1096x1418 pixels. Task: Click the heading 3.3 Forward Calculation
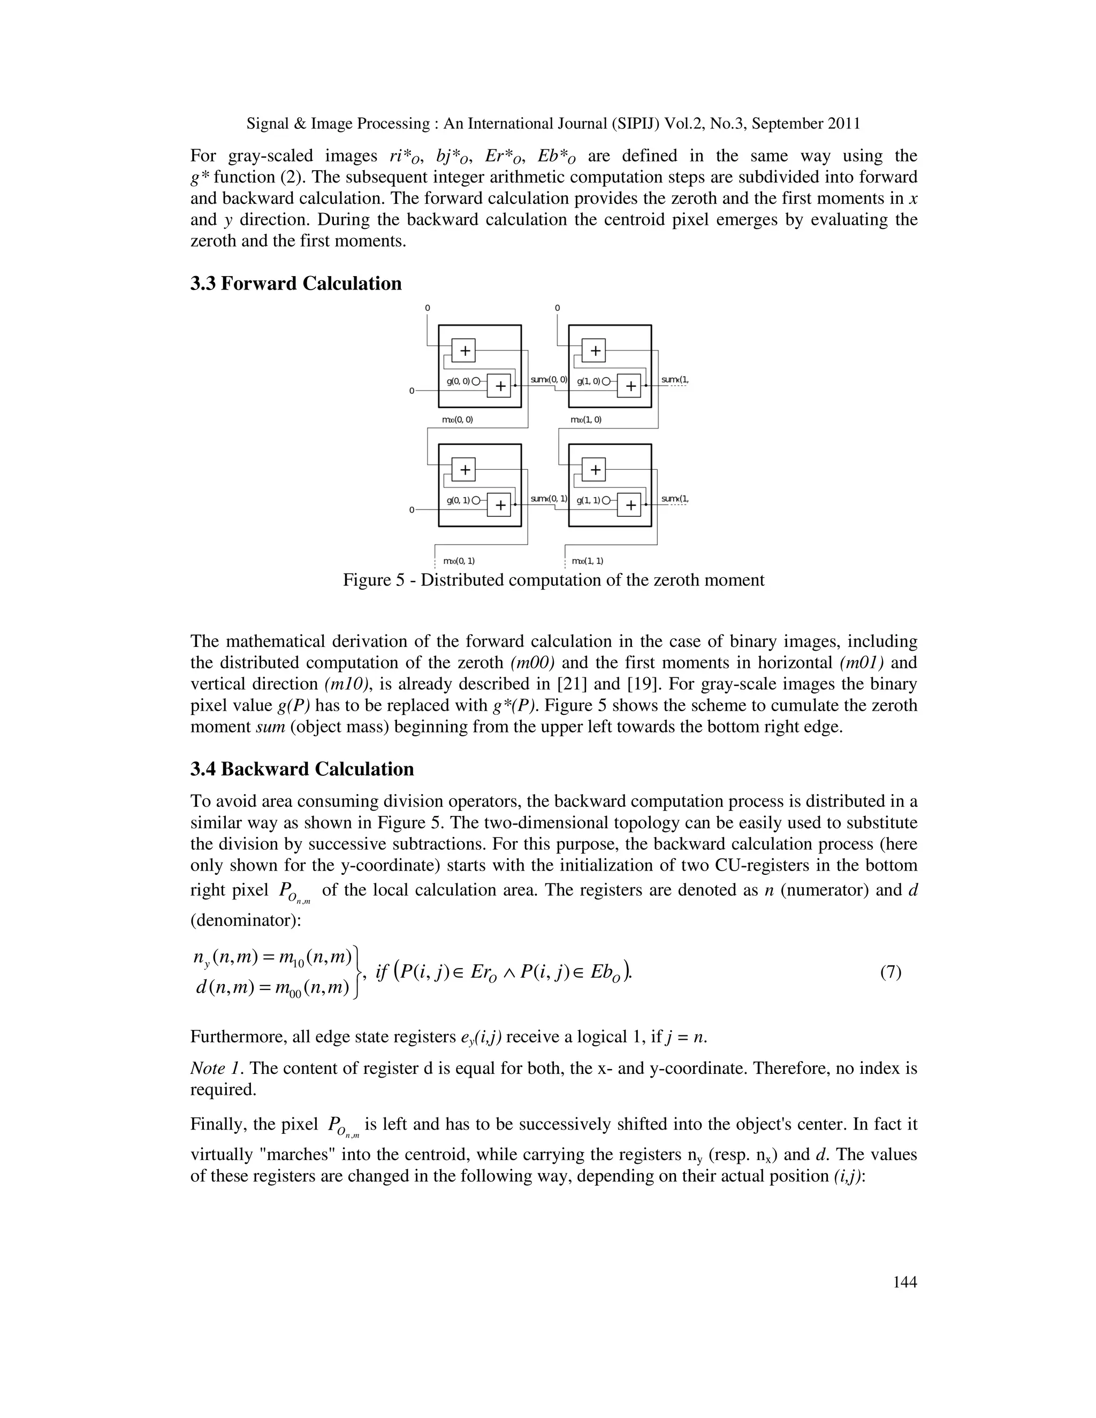point(295,284)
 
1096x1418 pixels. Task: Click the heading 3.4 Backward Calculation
point(301,769)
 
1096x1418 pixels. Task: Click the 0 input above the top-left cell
point(427,308)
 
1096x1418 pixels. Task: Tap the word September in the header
point(788,124)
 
